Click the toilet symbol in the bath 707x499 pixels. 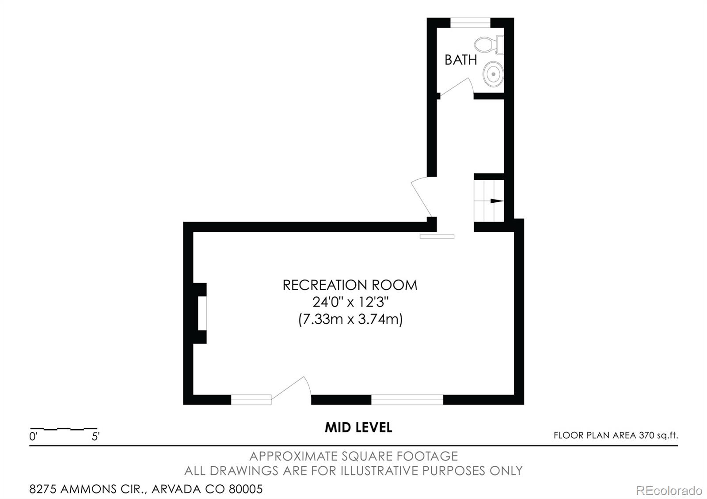point(488,44)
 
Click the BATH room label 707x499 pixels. point(460,60)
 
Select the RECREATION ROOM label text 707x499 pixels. point(350,285)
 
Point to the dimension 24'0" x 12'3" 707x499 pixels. point(350,302)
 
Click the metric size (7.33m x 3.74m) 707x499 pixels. point(350,319)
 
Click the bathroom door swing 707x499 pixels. point(455,87)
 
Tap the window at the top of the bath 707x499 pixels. point(470,23)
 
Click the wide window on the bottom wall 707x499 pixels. point(407,400)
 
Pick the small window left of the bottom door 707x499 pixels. point(251,400)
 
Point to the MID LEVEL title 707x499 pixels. point(358,427)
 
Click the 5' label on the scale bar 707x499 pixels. point(95,437)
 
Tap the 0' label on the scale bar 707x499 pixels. point(34,437)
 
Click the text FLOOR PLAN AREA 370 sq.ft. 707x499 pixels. point(615,435)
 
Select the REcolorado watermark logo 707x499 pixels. point(669,490)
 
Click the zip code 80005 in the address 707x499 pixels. point(246,489)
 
